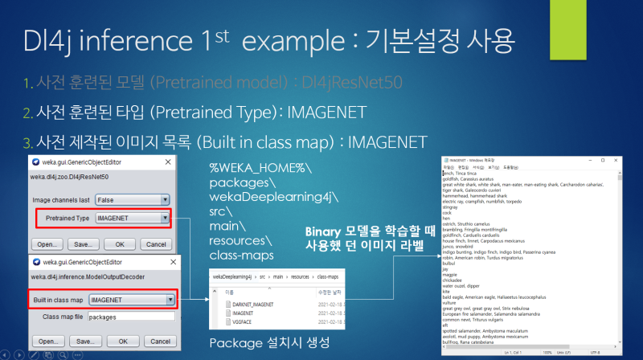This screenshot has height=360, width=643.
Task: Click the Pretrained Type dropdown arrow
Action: pyautogui.click(x=164, y=218)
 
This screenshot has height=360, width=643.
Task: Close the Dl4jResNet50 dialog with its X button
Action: pyautogui.click(x=168, y=161)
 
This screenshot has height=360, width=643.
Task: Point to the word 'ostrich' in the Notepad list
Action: pyautogui.click(x=449, y=222)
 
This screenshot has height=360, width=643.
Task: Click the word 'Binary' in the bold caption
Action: pyautogui.click(x=328, y=231)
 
